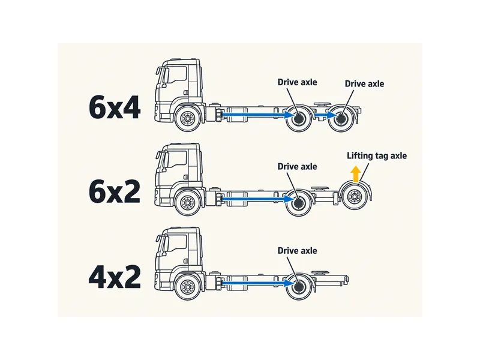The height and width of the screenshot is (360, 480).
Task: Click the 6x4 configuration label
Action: pyautogui.click(x=115, y=108)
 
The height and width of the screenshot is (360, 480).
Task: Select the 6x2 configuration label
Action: pyautogui.click(x=115, y=191)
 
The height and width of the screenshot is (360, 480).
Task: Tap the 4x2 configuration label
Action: pyautogui.click(x=115, y=277)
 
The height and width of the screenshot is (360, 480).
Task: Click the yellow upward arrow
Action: pyautogui.click(x=355, y=175)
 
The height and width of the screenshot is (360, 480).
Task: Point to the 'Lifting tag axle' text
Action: pyautogui.click(x=377, y=156)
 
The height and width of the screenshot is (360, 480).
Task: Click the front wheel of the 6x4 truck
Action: pyautogui.click(x=187, y=118)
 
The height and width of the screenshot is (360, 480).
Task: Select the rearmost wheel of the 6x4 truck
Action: pyautogui.click(x=341, y=118)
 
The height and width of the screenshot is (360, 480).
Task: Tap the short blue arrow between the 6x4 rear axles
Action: pyautogui.click(x=326, y=115)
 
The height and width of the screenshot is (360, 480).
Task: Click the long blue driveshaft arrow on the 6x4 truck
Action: pyautogui.click(x=258, y=115)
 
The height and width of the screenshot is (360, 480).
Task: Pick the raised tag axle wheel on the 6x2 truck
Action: pyautogui.click(x=355, y=197)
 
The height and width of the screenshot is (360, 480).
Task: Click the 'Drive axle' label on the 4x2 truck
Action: pyautogui.click(x=297, y=251)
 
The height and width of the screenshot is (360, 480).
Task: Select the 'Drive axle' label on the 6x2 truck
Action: pyautogui.click(x=297, y=167)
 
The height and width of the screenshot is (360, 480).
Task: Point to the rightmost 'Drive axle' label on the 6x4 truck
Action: pyautogui.click(x=364, y=84)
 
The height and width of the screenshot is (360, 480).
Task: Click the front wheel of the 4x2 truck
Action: pyautogui.click(x=187, y=287)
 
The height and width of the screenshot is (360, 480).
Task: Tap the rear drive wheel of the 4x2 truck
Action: pyautogui.click(x=299, y=287)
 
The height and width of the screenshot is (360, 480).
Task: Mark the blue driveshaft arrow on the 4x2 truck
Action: pyautogui.click(x=258, y=283)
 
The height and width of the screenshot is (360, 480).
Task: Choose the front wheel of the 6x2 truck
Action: pyautogui.click(x=187, y=202)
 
